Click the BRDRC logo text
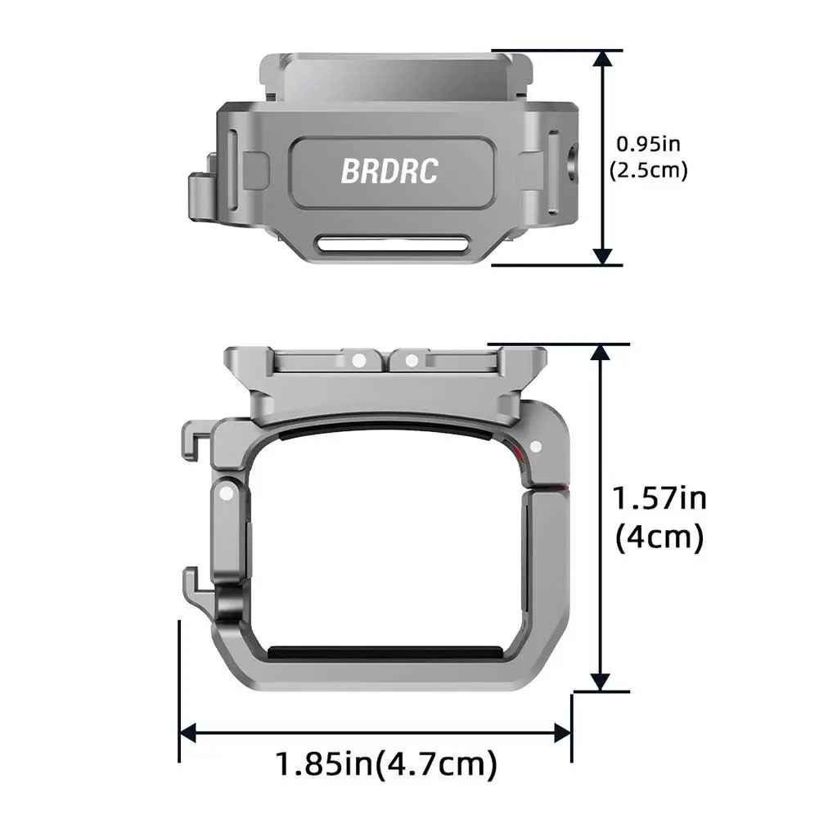[x=389, y=171]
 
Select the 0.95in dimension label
[x=648, y=144]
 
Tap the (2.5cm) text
[x=648, y=170]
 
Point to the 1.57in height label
[x=659, y=498]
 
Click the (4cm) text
[x=659, y=538]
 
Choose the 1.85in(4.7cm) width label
[x=385, y=765]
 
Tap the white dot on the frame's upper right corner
[x=536, y=447]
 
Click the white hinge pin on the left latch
[x=225, y=493]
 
